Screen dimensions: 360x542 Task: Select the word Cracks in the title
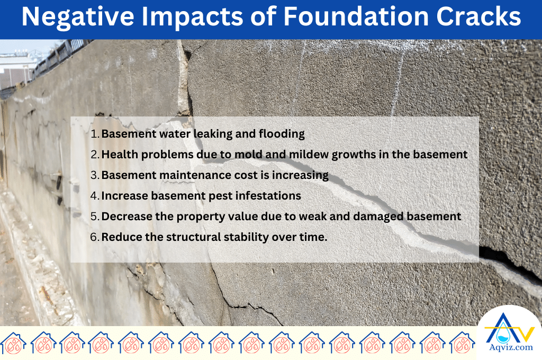pos(477,18)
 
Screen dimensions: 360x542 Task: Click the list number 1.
pos(94,134)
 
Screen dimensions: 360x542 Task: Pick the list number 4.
pos(94,196)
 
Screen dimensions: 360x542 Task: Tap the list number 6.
pos(94,237)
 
